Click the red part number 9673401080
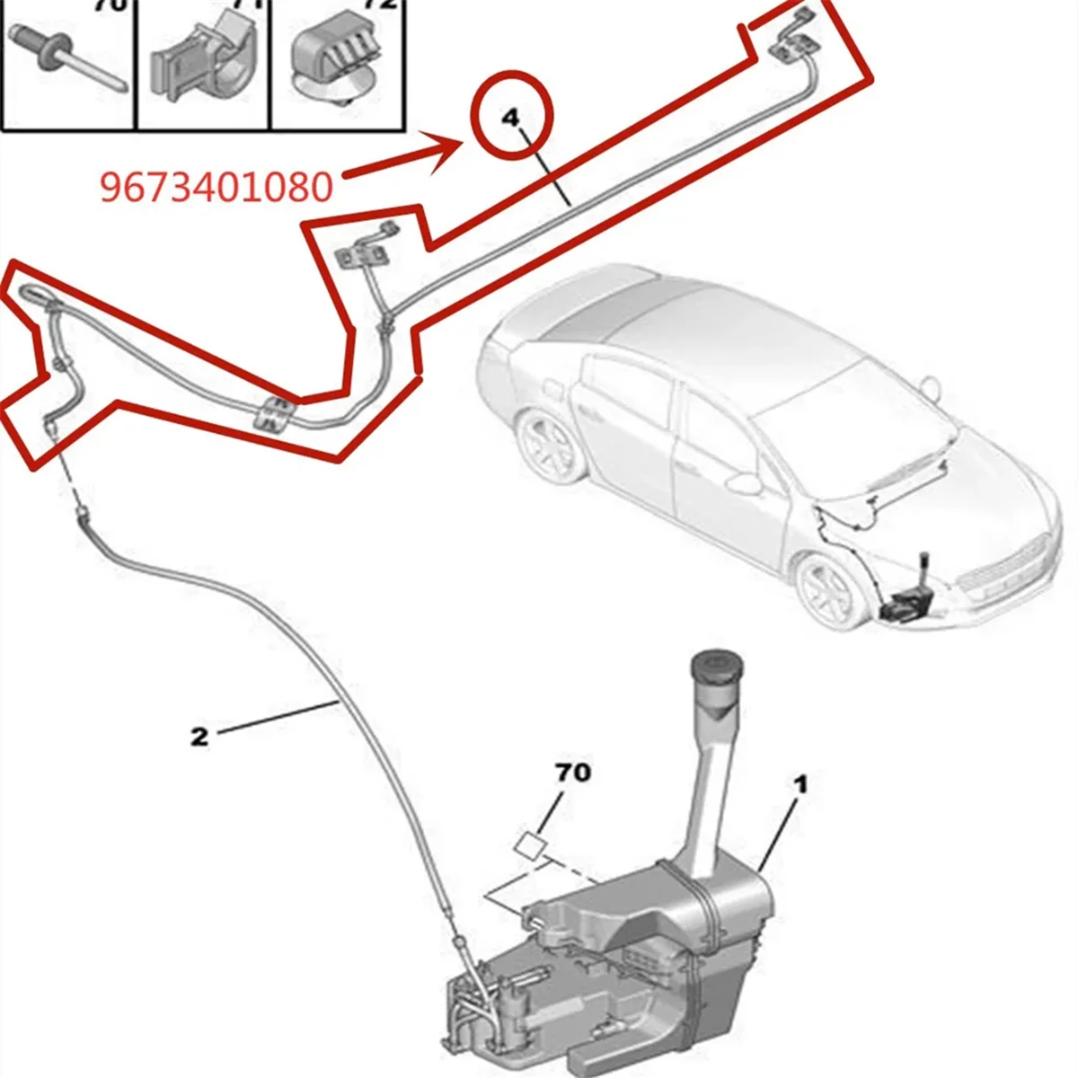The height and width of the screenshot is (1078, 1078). (x=216, y=187)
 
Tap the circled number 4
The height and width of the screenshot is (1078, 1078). (x=511, y=119)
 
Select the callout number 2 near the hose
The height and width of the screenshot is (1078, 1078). (x=199, y=737)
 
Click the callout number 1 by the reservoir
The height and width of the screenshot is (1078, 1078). (x=800, y=784)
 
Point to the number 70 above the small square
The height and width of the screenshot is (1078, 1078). (x=574, y=772)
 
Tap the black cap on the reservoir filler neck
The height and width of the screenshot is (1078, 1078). (x=717, y=667)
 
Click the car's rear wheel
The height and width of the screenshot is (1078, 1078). (x=548, y=448)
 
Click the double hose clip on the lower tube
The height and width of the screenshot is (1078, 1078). (x=274, y=413)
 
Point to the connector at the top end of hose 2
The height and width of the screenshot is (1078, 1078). (x=83, y=517)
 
